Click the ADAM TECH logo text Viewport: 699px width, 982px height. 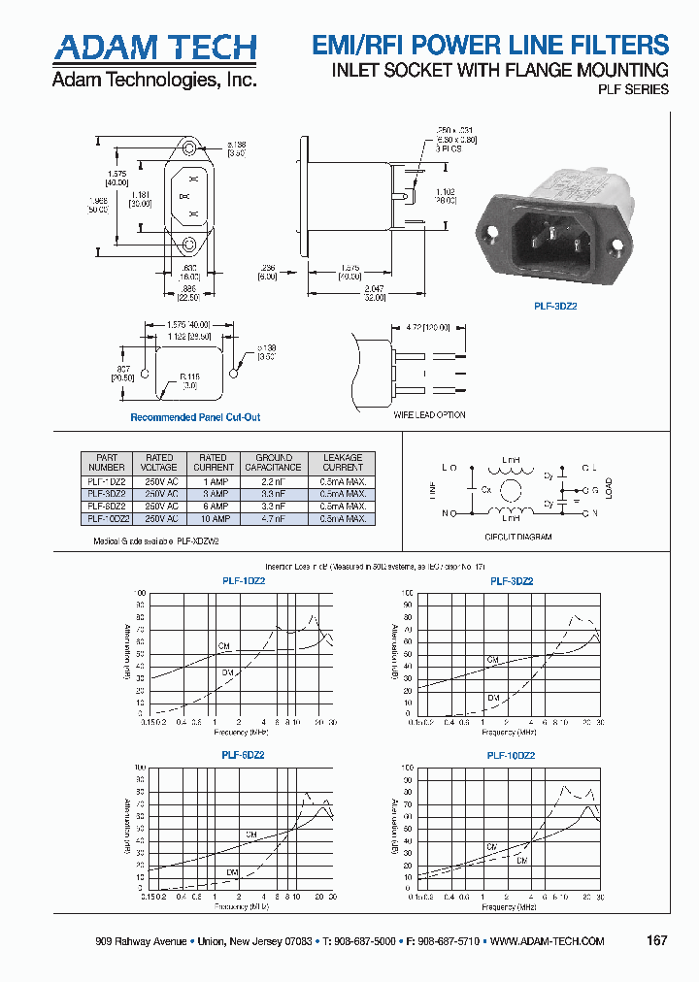point(154,47)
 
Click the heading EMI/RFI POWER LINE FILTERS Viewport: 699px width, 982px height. point(489,45)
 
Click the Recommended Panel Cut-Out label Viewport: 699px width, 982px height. point(195,417)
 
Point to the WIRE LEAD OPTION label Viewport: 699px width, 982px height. point(429,414)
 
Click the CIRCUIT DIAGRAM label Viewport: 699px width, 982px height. point(517,537)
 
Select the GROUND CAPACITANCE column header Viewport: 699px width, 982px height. point(274,462)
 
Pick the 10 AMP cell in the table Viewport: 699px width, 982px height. point(212,519)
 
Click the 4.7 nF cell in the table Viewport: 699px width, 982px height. point(274,519)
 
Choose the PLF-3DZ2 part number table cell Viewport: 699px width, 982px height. point(107,493)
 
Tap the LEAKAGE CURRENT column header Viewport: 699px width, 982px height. point(342,462)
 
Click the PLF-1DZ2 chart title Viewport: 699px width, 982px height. point(244,581)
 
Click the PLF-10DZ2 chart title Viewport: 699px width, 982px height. point(511,754)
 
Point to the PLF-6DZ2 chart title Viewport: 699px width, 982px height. point(244,754)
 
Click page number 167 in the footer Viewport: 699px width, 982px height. point(656,940)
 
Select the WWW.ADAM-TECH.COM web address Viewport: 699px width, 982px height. point(547,941)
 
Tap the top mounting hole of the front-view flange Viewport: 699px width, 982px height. point(187,148)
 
